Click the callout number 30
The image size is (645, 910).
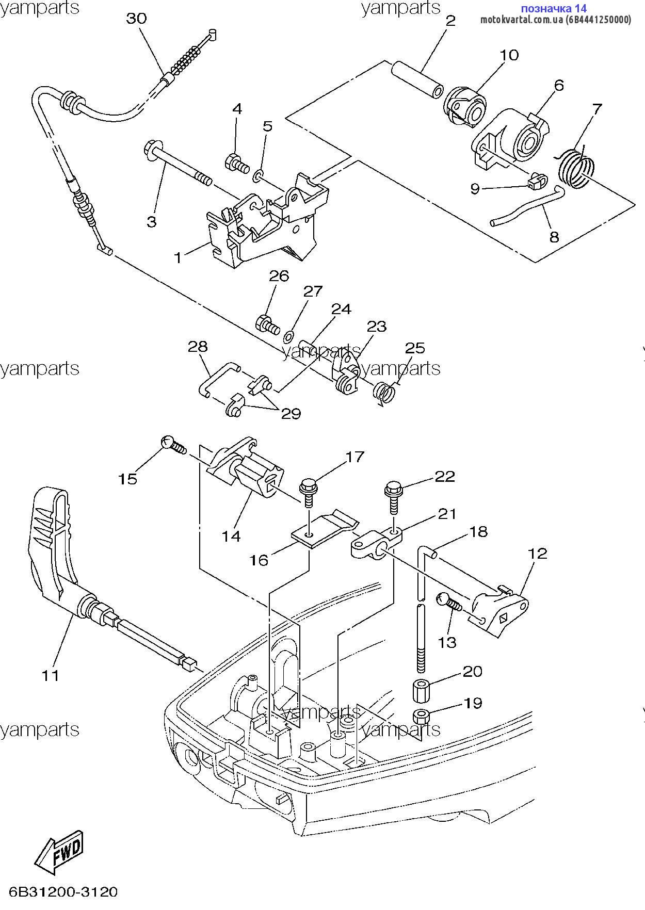point(136,19)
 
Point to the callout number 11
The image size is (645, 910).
point(51,675)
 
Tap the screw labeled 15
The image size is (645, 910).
point(174,445)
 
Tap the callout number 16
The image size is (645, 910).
point(259,560)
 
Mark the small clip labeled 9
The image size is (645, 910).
point(537,182)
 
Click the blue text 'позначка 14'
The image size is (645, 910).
point(554,8)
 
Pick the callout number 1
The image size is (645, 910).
point(179,257)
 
